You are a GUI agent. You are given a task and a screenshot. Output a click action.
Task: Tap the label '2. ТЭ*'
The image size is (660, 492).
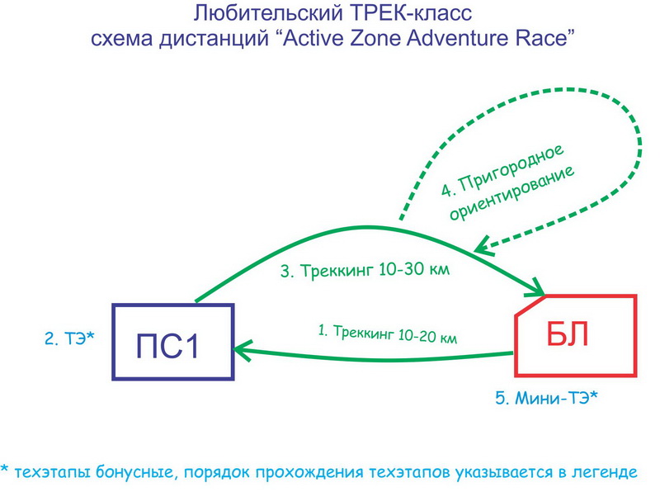click(x=70, y=338)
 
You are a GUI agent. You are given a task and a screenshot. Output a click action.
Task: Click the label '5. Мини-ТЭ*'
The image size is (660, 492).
click(x=546, y=398)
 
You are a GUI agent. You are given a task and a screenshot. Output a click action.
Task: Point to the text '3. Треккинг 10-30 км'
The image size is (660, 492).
click(x=365, y=270)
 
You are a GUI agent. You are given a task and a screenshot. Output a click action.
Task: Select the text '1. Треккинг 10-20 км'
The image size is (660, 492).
click(x=387, y=334)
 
